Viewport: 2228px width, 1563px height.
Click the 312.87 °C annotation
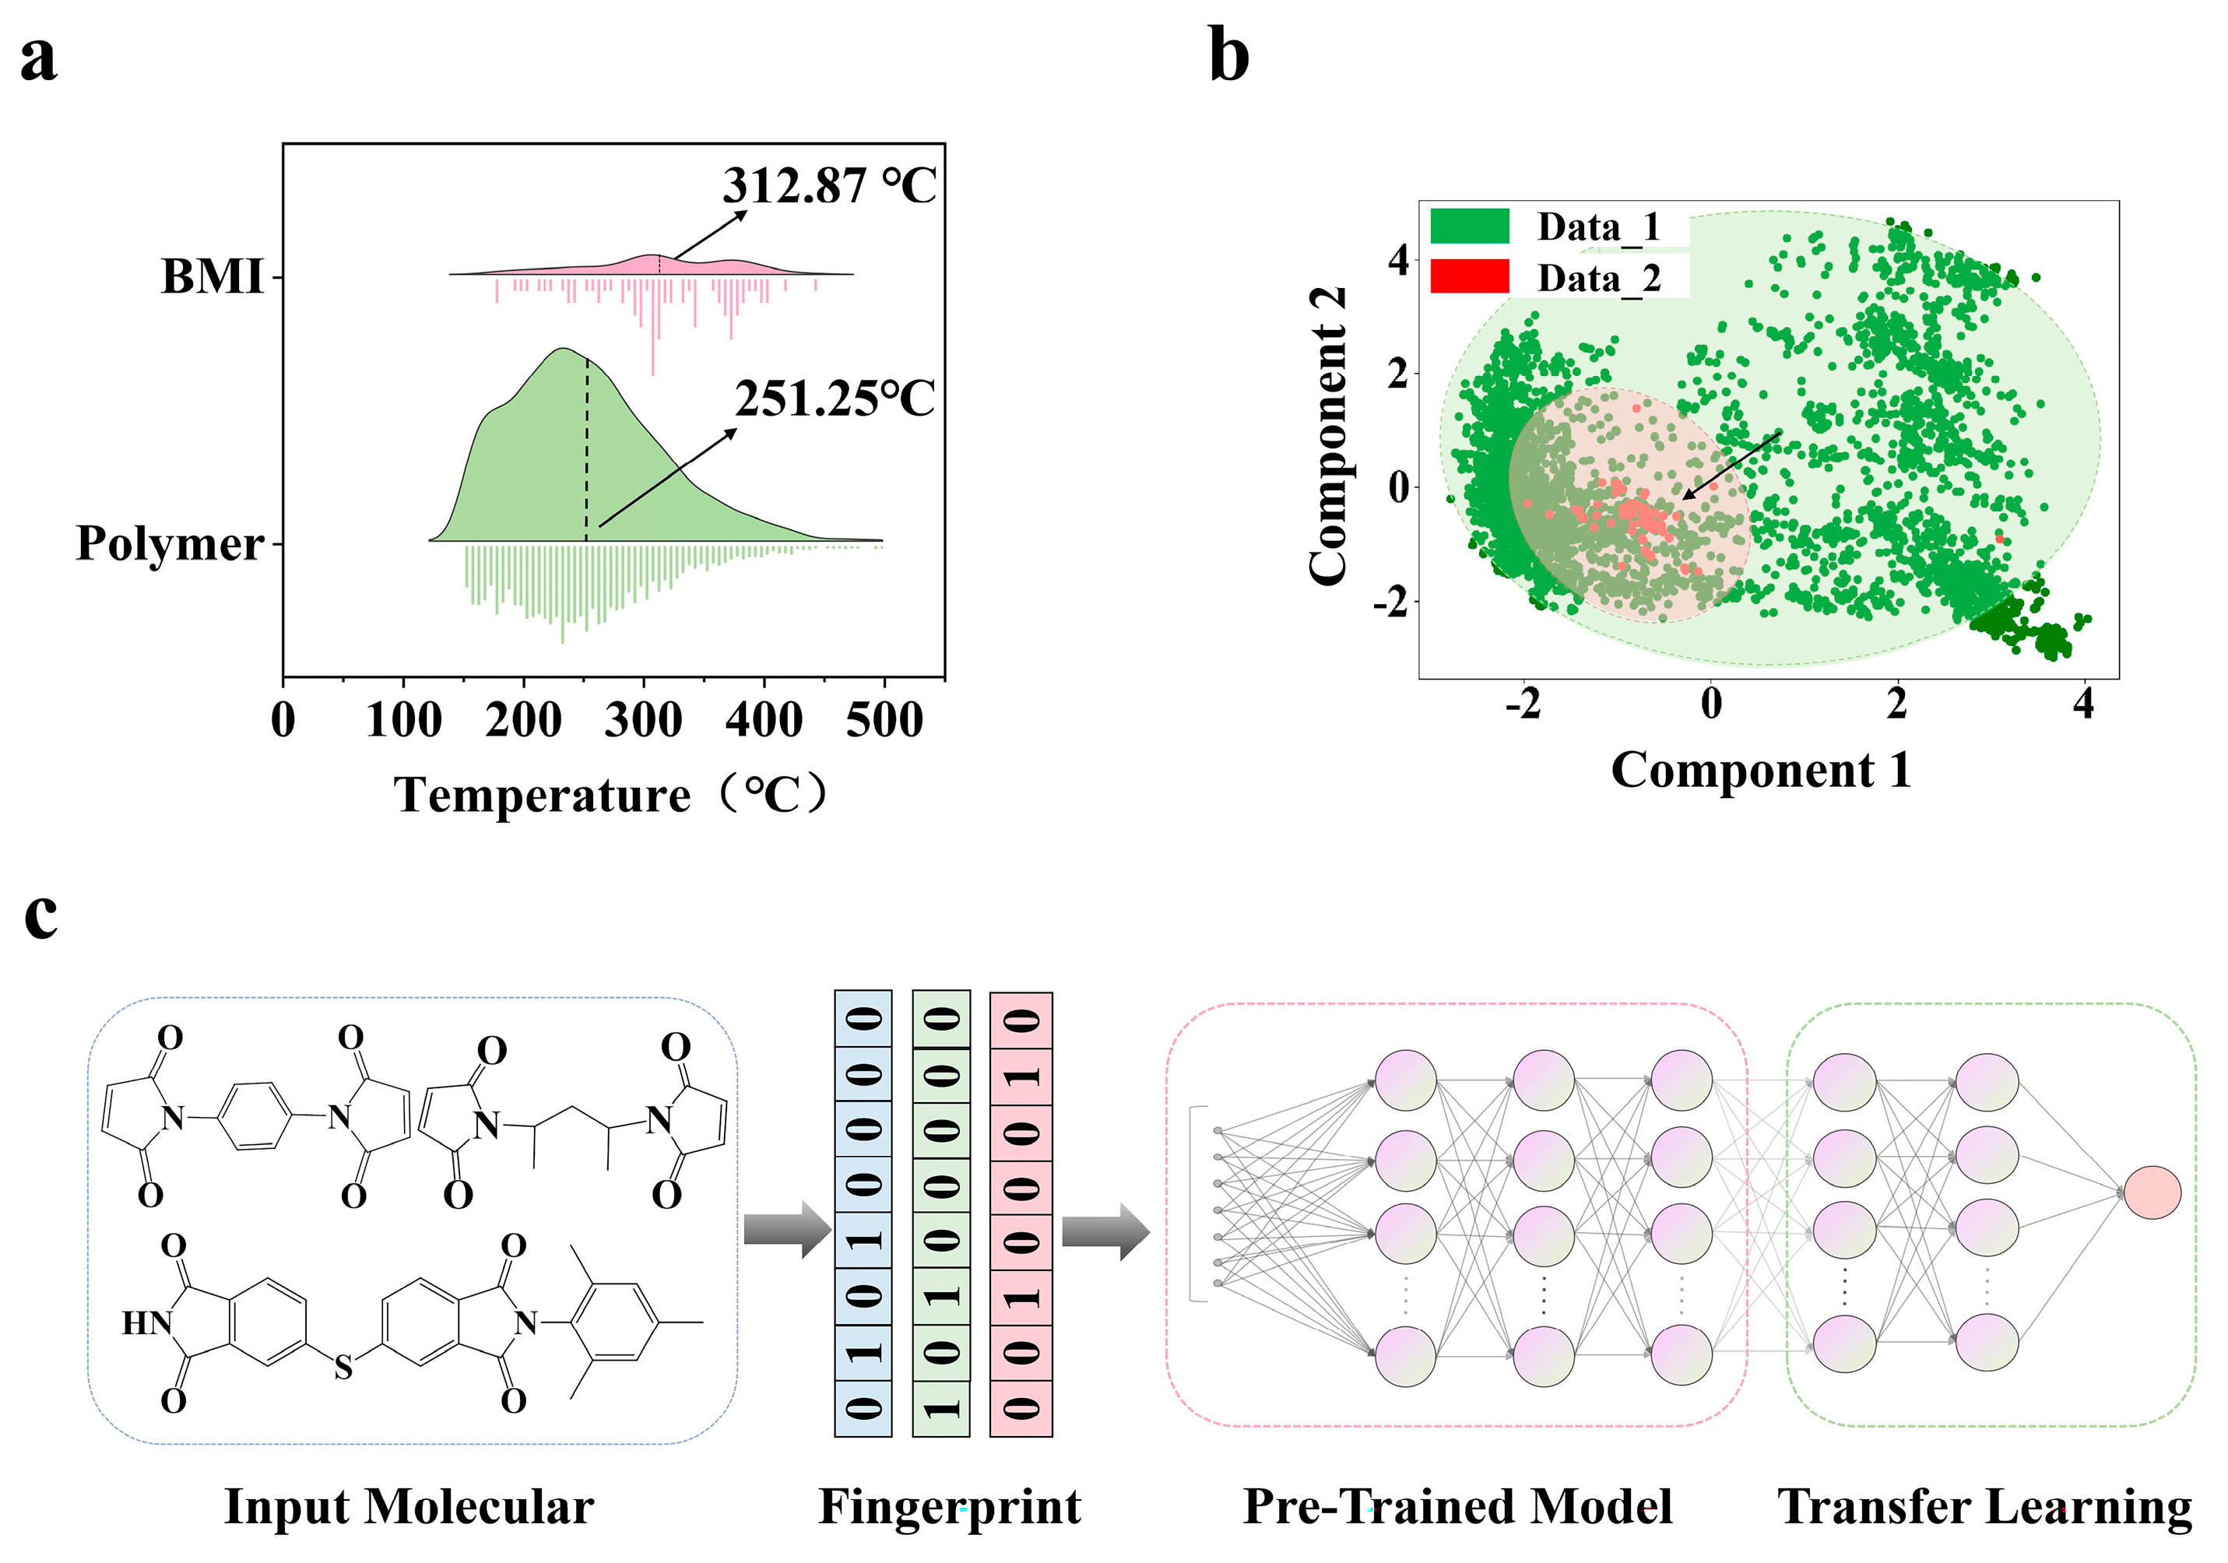pyautogui.click(x=829, y=185)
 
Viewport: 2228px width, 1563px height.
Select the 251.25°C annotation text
pyautogui.click(x=834, y=399)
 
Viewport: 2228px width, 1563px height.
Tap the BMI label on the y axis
pyautogui.click(x=212, y=277)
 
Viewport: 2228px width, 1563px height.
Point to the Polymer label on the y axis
pyautogui.click(x=170, y=543)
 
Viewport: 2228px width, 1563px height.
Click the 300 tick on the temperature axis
pyautogui.click(x=643, y=721)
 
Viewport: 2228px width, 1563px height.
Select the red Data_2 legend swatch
pyautogui.click(x=1469, y=276)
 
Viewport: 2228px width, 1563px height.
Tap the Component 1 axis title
pyautogui.click(x=1760, y=771)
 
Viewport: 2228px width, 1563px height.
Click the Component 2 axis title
pyautogui.click(x=1328, y=437)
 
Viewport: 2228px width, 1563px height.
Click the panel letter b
pyautogui.click(x=1228, y=56)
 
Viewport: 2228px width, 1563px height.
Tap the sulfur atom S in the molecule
pyautogui.click(x=343, y=1368)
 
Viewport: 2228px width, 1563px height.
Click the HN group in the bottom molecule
pyautogui.click(x=146, y=1322)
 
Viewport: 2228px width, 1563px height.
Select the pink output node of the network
pyautogui.click(x=2152, y=1192)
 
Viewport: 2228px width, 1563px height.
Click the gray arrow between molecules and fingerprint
pyautogui.click(x=787, y=1230)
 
